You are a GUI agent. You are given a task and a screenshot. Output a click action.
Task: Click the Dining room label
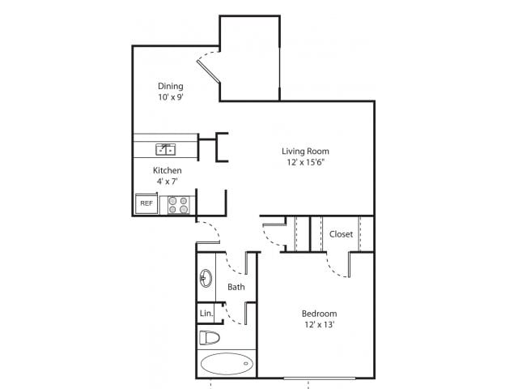pyautogui.click(x=170, y=86)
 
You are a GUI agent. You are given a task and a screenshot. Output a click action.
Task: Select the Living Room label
pyautogui.click(x=305, y=151)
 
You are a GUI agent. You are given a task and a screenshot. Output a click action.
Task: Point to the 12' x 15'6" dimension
pyautogui.click(x=305, y=162)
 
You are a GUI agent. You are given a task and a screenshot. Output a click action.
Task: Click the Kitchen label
pyautogui.click(x=167, y=171)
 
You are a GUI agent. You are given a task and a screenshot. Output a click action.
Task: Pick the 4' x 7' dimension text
pyautogui.click(x=168, y=182)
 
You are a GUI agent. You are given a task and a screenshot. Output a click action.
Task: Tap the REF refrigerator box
pyautogui.click(x=146, y=203)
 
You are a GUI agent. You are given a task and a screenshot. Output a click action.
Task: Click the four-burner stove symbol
pyautogui.click(x=178, y=204)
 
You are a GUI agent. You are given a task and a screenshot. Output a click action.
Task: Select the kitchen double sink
pyautogui.click(x=167, y=148)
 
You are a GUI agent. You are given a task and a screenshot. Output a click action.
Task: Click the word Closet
pyautogui.click(x=341, y=234)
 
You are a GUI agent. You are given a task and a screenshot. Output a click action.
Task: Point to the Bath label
pyautogui.click(x=236, y=287)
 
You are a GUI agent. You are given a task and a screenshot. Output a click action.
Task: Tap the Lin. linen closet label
pyautogui.click(x=206, y=313)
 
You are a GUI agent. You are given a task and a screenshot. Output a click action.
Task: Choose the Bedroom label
pyautogui.click(x=319, y=314)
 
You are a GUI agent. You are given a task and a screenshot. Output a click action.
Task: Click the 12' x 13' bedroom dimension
pyautogui.click(x=319, y=325)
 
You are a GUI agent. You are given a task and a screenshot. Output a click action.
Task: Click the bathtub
pyautogui.click(x=227, y=364)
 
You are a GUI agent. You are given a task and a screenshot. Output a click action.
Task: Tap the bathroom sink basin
pyautogui.click(x=206, y=279)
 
